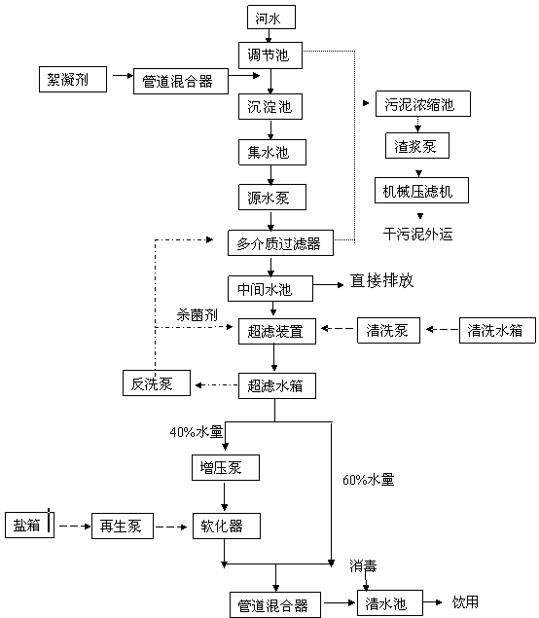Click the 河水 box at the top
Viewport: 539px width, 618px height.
(271, 17)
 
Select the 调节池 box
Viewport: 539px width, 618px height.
(270, 55)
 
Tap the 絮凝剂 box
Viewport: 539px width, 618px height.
(73, 79)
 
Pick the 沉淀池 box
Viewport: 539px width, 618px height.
(270, 106)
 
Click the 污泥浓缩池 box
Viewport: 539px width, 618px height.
(423, 104)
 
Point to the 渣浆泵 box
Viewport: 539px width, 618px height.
(416, 145)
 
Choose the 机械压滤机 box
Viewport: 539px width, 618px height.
(421, 191)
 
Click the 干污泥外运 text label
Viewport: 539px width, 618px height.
(418, 235)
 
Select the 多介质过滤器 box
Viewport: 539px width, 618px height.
(280, 242)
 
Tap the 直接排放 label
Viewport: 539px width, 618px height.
(381, 280)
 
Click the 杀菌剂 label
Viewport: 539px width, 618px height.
(197, 315)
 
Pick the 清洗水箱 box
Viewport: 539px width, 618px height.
(497, 330)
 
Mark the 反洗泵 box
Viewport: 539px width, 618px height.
(157, 382)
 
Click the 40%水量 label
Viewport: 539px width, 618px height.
(197, 432)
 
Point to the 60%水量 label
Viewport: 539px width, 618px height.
(369, 479)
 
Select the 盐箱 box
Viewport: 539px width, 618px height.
(29, 525)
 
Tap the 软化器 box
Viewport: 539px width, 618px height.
(227, 526)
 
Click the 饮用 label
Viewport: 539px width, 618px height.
(465, 601)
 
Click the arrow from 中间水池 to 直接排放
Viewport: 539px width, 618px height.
(328, 284)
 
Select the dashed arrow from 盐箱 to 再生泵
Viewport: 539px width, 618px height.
(75, 526)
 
